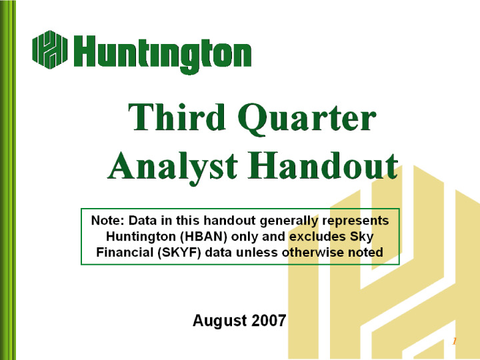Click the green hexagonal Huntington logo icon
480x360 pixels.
[x=49, y=49]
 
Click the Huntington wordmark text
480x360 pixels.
[x=163, y=54]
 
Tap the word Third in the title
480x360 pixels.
[x=177, y=117]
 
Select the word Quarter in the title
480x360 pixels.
[x=307, y=119]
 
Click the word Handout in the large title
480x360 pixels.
[x=323, y=165]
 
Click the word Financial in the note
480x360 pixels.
[x=125, y=253]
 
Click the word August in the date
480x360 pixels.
[x=219, y=321]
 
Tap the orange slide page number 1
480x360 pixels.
[x=454, y=341]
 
